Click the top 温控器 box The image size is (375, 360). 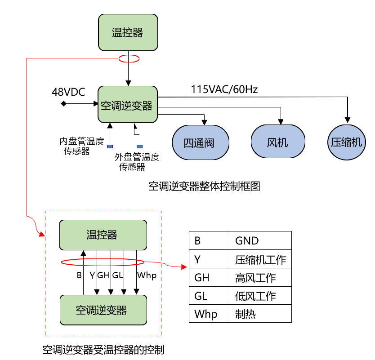point(128,32)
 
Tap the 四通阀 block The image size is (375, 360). point(200,142)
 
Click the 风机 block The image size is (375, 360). point(277,142)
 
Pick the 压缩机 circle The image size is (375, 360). point(346,142)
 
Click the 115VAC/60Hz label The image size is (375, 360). point(224,89)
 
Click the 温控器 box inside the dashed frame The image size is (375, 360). point(103,235)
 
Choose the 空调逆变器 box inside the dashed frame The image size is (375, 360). point(103,310)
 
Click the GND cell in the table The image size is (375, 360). point(260,240)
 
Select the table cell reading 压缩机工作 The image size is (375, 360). point(260,259)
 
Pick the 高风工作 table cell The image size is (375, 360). point(260,278)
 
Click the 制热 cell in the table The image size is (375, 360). point(260,314)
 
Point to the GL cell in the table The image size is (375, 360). point(210,296)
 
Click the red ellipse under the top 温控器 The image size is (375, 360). point(129,59)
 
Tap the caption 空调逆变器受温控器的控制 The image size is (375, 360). point(103,349)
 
